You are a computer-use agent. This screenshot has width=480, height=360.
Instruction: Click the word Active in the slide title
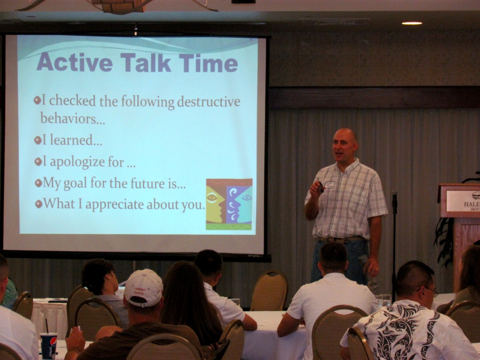(x=74, y=62)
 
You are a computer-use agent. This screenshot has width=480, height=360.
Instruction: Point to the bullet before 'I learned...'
(x=38, y=140)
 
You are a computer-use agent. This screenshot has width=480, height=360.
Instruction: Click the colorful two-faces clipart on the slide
(x=229, y=204)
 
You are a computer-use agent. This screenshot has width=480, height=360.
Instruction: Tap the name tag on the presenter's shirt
(x=330, y=184)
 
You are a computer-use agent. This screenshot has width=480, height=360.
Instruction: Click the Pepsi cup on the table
(x=48, y=345)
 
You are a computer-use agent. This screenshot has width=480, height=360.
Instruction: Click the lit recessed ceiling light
(x=412, y=23)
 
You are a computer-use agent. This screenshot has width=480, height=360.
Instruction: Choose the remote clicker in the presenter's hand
(x=320, y=186)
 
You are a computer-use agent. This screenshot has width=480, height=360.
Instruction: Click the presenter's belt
(x=342, y=240)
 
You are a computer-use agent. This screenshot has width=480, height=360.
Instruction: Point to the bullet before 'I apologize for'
(x=38, y=162)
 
